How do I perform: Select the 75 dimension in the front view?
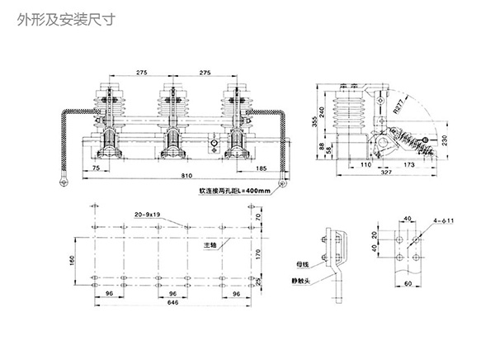97,168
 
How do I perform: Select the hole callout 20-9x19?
147,215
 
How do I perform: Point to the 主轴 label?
212,245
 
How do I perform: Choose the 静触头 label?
299,281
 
